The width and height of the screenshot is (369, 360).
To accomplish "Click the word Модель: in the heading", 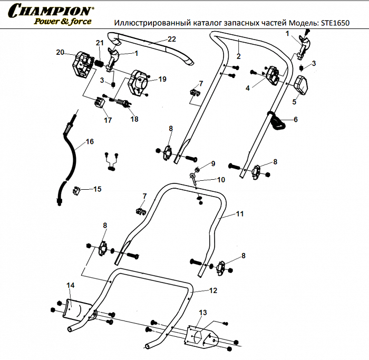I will point(303,23).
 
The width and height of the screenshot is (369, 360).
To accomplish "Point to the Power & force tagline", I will point(63,22).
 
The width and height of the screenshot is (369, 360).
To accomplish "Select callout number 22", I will point(171,40).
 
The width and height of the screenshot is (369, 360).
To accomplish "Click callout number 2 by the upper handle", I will point(238,56).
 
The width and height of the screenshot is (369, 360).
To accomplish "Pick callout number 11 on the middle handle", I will point(240,214).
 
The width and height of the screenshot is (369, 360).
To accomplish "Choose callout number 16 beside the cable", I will point(90,141).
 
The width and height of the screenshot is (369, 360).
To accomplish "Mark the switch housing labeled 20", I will point(81,64).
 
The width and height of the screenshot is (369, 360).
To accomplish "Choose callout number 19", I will point(162,79).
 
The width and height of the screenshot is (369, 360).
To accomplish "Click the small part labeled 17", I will point(99,101).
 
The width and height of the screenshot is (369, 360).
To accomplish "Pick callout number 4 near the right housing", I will point(248,89).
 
